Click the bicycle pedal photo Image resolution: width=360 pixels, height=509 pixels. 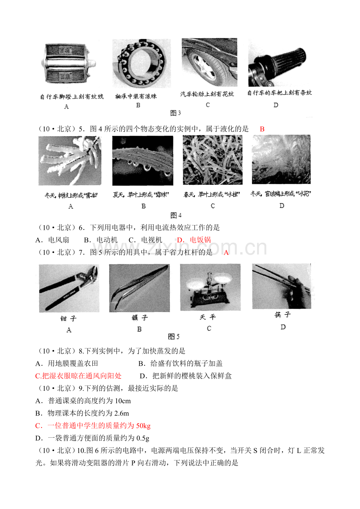66,64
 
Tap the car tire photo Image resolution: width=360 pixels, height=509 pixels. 209,62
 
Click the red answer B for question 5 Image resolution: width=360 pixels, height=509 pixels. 262,129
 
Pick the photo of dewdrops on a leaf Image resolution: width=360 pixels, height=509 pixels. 142,161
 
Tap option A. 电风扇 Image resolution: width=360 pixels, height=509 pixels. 52,240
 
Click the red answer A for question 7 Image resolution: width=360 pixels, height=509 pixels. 226,253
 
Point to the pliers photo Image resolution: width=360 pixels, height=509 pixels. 69,288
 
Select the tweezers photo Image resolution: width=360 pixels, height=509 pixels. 139,288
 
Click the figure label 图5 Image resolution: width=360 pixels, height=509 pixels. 173,337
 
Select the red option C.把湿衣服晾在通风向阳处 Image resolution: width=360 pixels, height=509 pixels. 78,376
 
